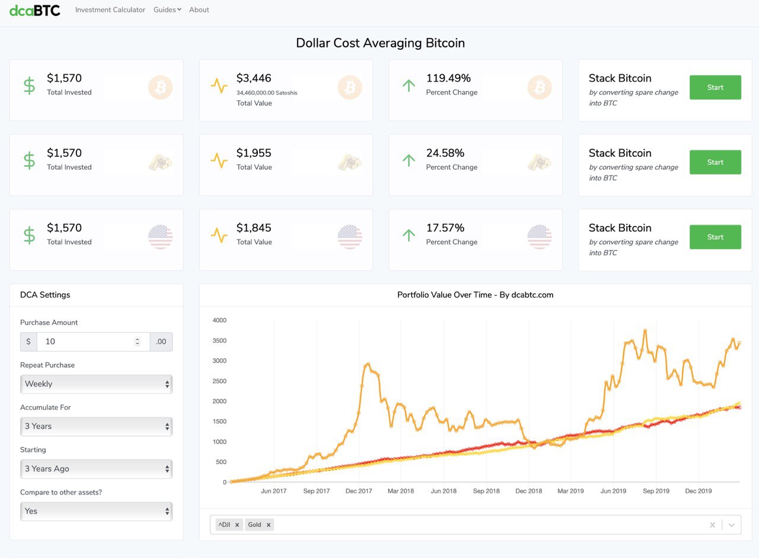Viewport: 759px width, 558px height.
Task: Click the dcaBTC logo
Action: coord(35,10)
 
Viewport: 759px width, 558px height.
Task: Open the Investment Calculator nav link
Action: coord(110,10)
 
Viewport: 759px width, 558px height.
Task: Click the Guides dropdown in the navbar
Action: coord(167,10)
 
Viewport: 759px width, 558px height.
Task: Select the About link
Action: coord(199,10)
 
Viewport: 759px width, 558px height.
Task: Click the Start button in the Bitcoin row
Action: coord(715,87)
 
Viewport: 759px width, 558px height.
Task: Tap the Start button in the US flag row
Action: coord(715,237)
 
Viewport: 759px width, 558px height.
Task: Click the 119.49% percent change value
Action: coord(448,78)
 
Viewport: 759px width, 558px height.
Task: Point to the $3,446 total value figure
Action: coord(254,78)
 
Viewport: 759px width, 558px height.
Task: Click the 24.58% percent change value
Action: coord(445,153)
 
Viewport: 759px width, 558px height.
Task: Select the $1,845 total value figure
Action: coord(254,228)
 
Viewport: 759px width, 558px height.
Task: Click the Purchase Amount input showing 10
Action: coord(86,341)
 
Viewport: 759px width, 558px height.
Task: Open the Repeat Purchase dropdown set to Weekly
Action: coord(97,384)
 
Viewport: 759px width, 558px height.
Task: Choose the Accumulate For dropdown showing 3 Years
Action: coord(97,426)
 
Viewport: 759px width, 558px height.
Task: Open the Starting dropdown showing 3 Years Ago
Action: coord(97,469)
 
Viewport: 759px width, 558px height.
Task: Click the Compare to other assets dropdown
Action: coord(97,511)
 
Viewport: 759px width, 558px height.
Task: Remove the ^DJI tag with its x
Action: coord(237,525)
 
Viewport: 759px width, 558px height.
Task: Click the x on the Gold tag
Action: coord(269,525)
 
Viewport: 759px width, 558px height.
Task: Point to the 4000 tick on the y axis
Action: coord(219,321)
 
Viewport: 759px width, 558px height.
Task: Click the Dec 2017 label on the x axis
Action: coord(359,492)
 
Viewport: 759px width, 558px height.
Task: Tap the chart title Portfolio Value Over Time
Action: coord(475,295)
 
